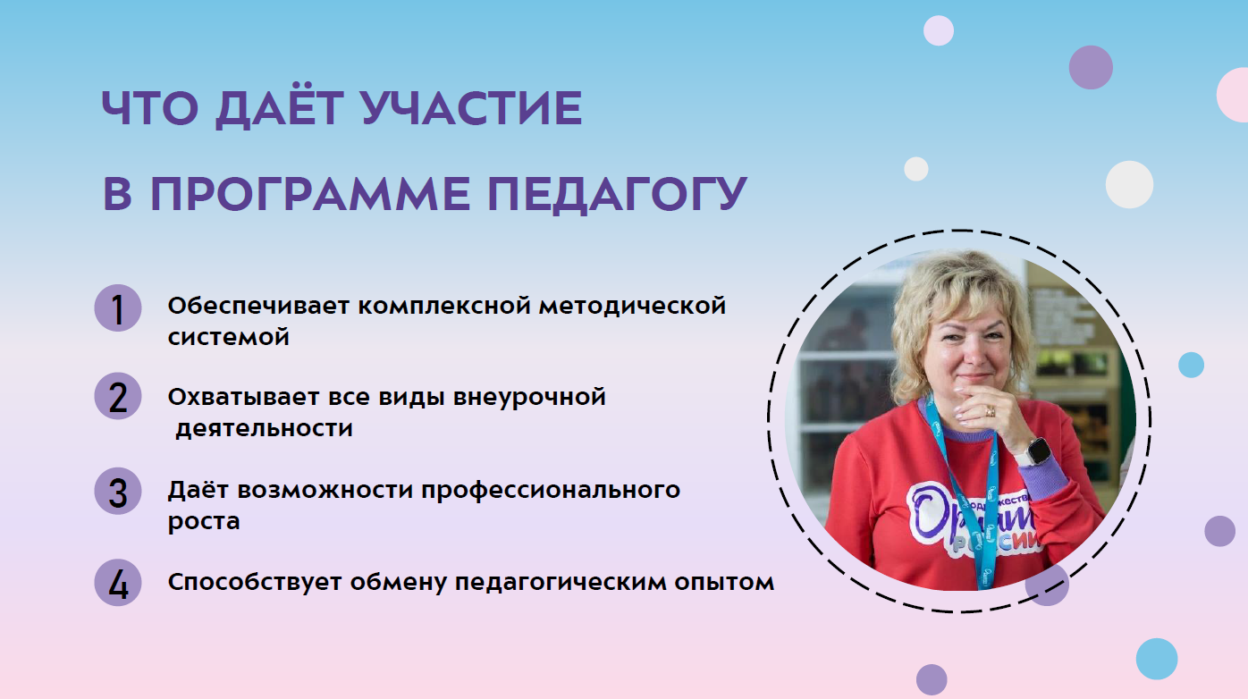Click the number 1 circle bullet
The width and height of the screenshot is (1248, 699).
(117, 308)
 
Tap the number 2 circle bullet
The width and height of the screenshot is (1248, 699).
(117, 396)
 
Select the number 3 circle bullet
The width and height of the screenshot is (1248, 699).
(117, 491)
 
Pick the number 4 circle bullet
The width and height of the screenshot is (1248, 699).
(117, 583)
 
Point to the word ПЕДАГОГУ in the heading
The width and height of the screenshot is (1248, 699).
(618, 194)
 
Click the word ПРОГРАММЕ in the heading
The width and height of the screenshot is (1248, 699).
(310, 194)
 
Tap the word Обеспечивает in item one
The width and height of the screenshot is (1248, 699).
(258, 306)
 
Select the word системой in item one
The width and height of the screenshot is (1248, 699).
(229, 337)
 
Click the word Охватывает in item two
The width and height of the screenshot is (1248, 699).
(243, 398)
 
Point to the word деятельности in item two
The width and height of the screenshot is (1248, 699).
(264, 429)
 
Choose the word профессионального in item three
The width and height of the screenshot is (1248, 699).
(551, 491)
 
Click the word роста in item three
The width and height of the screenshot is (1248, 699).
(204, 522)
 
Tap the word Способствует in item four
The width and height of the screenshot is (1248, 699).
(255, 583)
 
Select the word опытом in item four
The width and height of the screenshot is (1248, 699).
(724, 583)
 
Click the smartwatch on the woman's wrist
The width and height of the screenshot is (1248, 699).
(1037, 451)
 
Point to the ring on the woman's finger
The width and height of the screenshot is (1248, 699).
(990, 411)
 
